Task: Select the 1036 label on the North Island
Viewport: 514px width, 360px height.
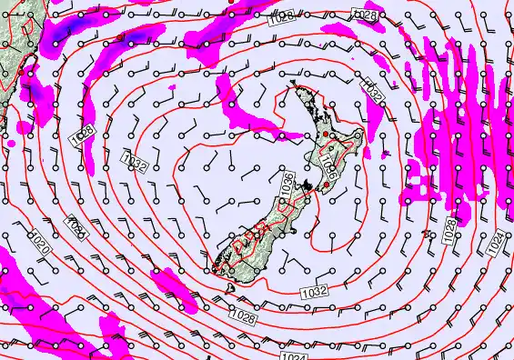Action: (x=328, y=165)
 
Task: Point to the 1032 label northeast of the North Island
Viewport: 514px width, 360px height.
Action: (x=371, y=88)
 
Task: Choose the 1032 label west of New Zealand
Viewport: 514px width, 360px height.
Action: (x=135, y=164)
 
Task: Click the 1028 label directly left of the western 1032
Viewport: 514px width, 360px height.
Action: (x=83, y=134)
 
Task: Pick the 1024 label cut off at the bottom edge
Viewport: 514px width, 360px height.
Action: (x=292, y=355)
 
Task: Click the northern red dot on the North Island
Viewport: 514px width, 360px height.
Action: (x=323, y=135)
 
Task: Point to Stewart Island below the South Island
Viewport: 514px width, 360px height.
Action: (x=231, y=288)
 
